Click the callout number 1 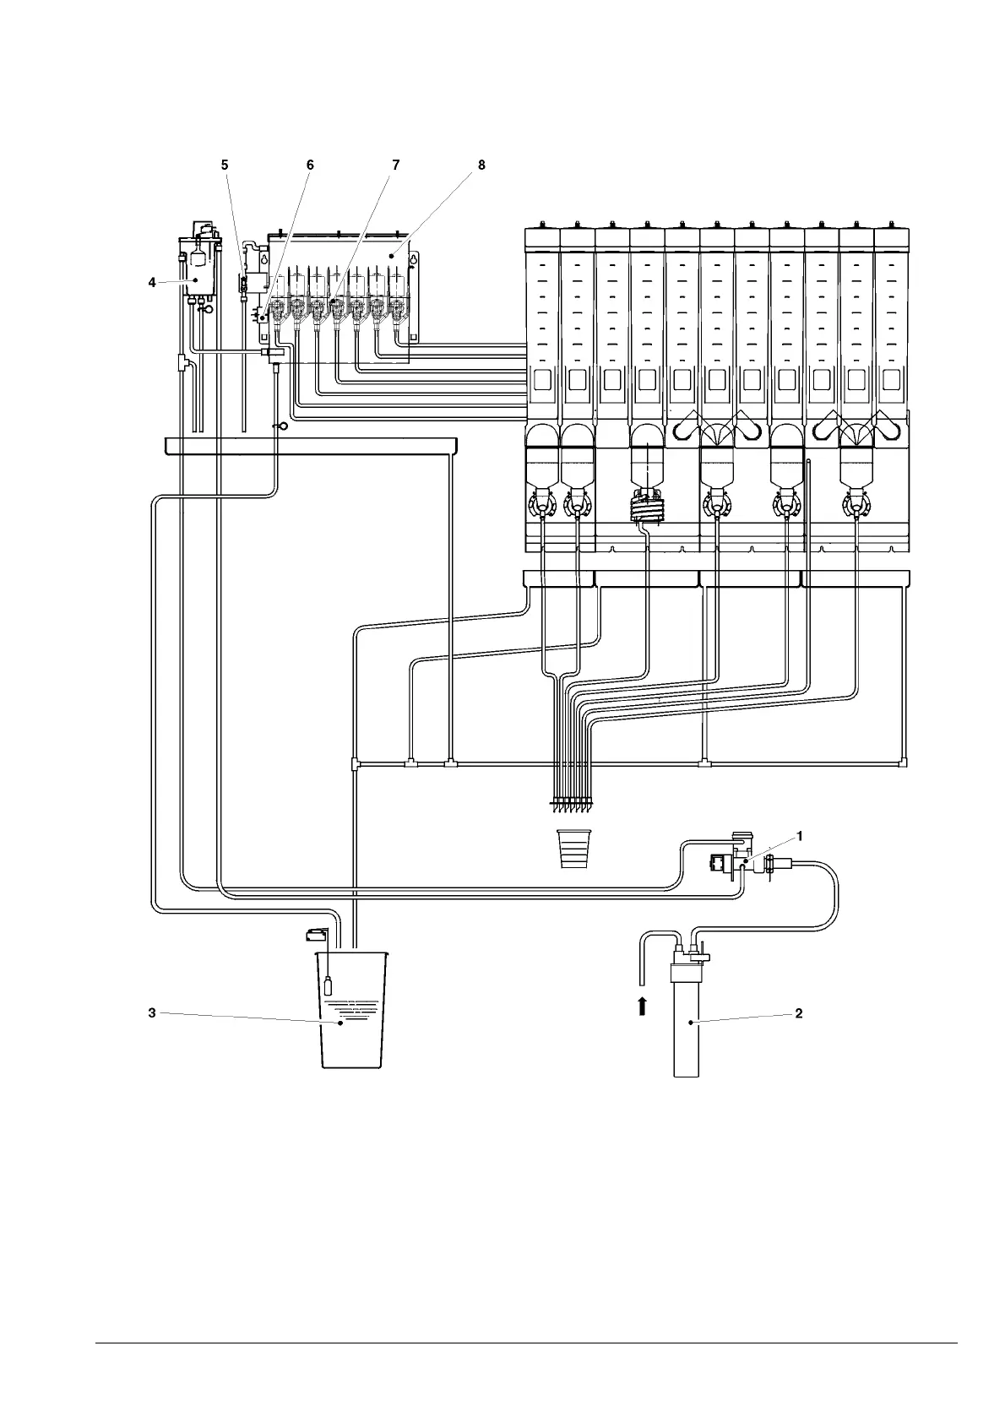coord(800,835)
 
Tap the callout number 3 coord(152,1012)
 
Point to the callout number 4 coord(152,282)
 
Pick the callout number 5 coord(225,166)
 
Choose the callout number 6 coord(310,166)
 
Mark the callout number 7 coord(396,166)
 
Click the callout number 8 coord(481,166)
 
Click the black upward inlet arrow coord(642,1005)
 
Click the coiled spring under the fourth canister coord(647,509)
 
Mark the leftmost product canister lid coord(542,237)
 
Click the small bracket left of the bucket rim coord(317,933)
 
